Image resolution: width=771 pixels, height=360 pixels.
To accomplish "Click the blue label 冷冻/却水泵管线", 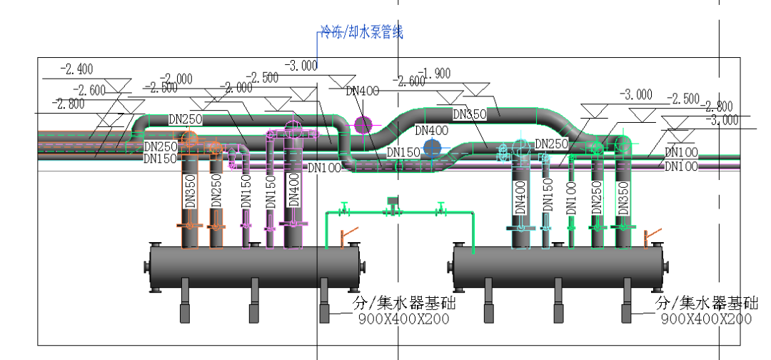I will [361, 32].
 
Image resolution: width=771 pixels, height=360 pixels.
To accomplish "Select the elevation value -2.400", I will [76, 69].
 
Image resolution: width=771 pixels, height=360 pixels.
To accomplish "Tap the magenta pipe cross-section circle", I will [363, 125].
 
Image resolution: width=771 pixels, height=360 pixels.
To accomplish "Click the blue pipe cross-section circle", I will [432, 148].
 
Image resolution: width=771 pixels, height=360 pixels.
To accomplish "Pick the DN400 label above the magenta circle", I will [363, 91].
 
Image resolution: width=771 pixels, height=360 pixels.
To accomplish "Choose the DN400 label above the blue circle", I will [431, 131].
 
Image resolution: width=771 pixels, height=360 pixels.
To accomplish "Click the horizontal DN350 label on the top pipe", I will [470, 114].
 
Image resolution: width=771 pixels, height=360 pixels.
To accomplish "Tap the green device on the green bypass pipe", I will [392, 203].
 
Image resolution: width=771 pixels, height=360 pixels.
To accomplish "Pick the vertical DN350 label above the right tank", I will [623, 197].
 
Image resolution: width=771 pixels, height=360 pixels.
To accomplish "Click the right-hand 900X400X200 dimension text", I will [705, 319].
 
